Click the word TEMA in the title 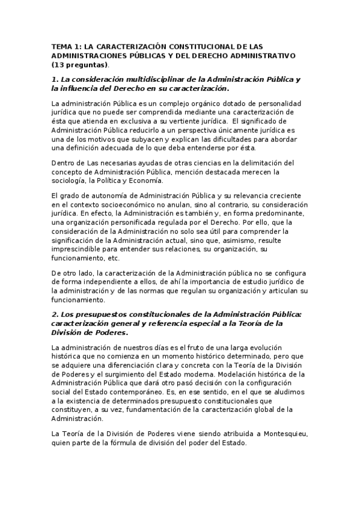pos(62,46)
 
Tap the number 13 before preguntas pos(59,64)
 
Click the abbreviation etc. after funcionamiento pos(114,258)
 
